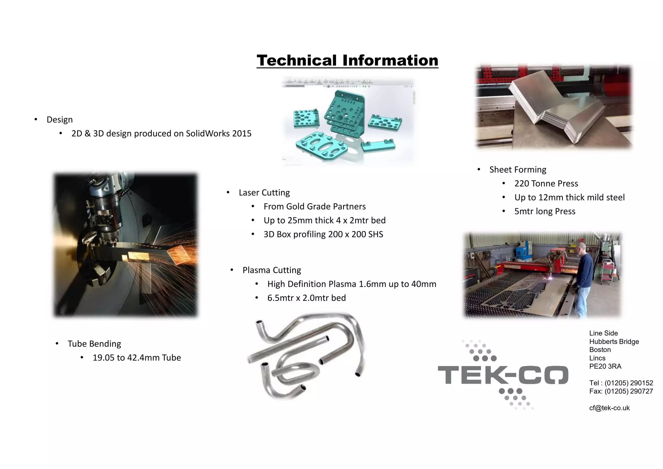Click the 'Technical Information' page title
(x=347, y=61)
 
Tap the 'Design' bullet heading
(x=60, y=120)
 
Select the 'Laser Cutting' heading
(x=264, y=192)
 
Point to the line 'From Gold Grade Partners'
(x=314, y=206)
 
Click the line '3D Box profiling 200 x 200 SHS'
(x=323, y=234)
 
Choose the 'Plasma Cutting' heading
(x=272, y=270)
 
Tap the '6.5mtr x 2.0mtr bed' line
(x=306, y=298)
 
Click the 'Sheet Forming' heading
(x=518, y=169)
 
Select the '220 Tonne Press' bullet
(x=546, y=183)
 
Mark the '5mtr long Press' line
(x=545, y=211)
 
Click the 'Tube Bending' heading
(x=94, y=343)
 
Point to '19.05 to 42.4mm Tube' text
(x=137, y=357)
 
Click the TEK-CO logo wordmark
(x=503, y=375)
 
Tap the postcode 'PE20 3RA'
(x=605, y=366)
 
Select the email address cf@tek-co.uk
(x=609, y=408)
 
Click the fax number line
(x=621, y=391)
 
